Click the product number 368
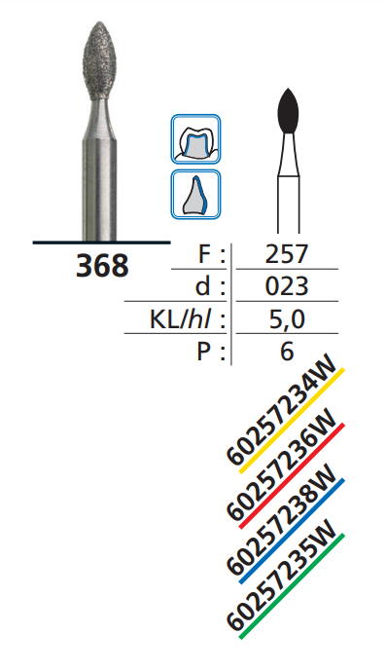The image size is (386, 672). point(102,265)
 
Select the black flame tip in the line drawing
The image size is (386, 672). point(288,111)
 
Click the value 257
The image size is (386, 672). point(286,255)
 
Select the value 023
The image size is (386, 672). point(286,286)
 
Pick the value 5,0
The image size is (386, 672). point(286,318)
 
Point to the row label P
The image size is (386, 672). point(207,351)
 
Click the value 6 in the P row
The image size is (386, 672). point(286,351)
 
